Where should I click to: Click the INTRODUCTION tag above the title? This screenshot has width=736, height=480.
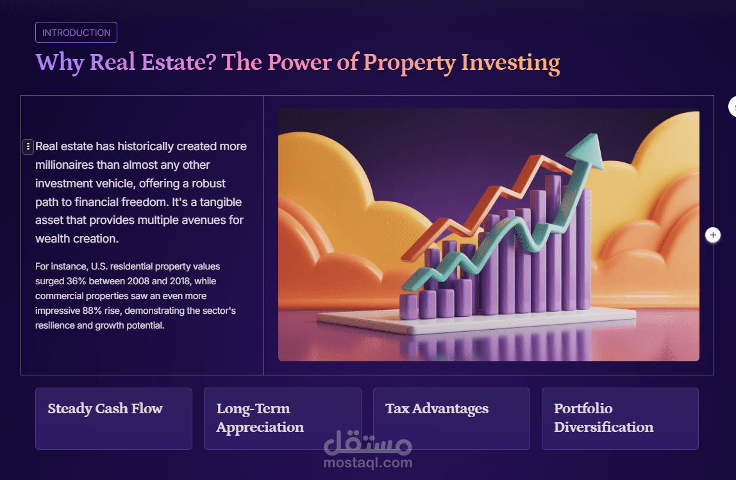point(76,33)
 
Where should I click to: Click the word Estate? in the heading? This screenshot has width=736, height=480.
point(183,63)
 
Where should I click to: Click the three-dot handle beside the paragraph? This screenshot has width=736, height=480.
point(28,147)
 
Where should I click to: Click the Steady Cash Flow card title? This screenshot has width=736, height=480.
point(105,409)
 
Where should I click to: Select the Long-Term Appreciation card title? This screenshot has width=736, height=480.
point(260,418)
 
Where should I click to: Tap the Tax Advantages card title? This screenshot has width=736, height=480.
point(437,409)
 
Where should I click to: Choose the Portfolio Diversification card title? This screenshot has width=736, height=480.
point(603,418)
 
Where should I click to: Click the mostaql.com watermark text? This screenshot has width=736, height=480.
point(368,462)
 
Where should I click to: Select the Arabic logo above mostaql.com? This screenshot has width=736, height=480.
point(368,442)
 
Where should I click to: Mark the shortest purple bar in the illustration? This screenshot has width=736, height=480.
point(408,307)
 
